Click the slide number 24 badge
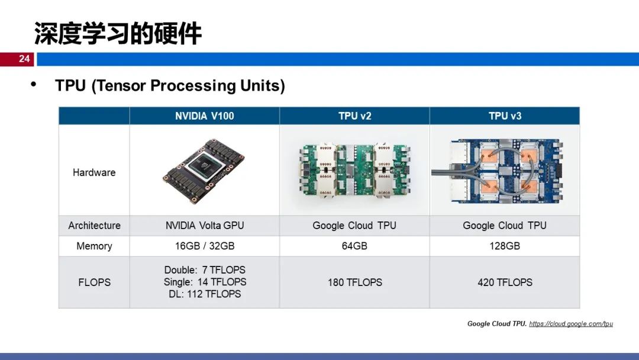tap(24, 59)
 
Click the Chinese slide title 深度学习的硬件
tap(118, 34)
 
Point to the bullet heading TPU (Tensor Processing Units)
tap(170, 86)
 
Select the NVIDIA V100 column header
tap(204, 116)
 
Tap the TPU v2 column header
tap(354, 116)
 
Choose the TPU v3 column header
tap(505, 116)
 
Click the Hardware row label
tap(94, 173)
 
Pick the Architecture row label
tap(94, 226)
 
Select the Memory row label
tap(94, 246)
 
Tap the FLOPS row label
tap(94, 282)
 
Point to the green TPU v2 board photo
tap(354, 171)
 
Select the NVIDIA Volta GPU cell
tap(204, 226)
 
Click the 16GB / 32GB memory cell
tap(204, 246)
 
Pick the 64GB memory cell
tap(354, 246)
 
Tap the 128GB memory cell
tap(505, 246)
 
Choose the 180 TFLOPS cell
tap(354, 282)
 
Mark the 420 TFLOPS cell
tap(505, 282)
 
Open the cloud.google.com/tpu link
tap(570, 324)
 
